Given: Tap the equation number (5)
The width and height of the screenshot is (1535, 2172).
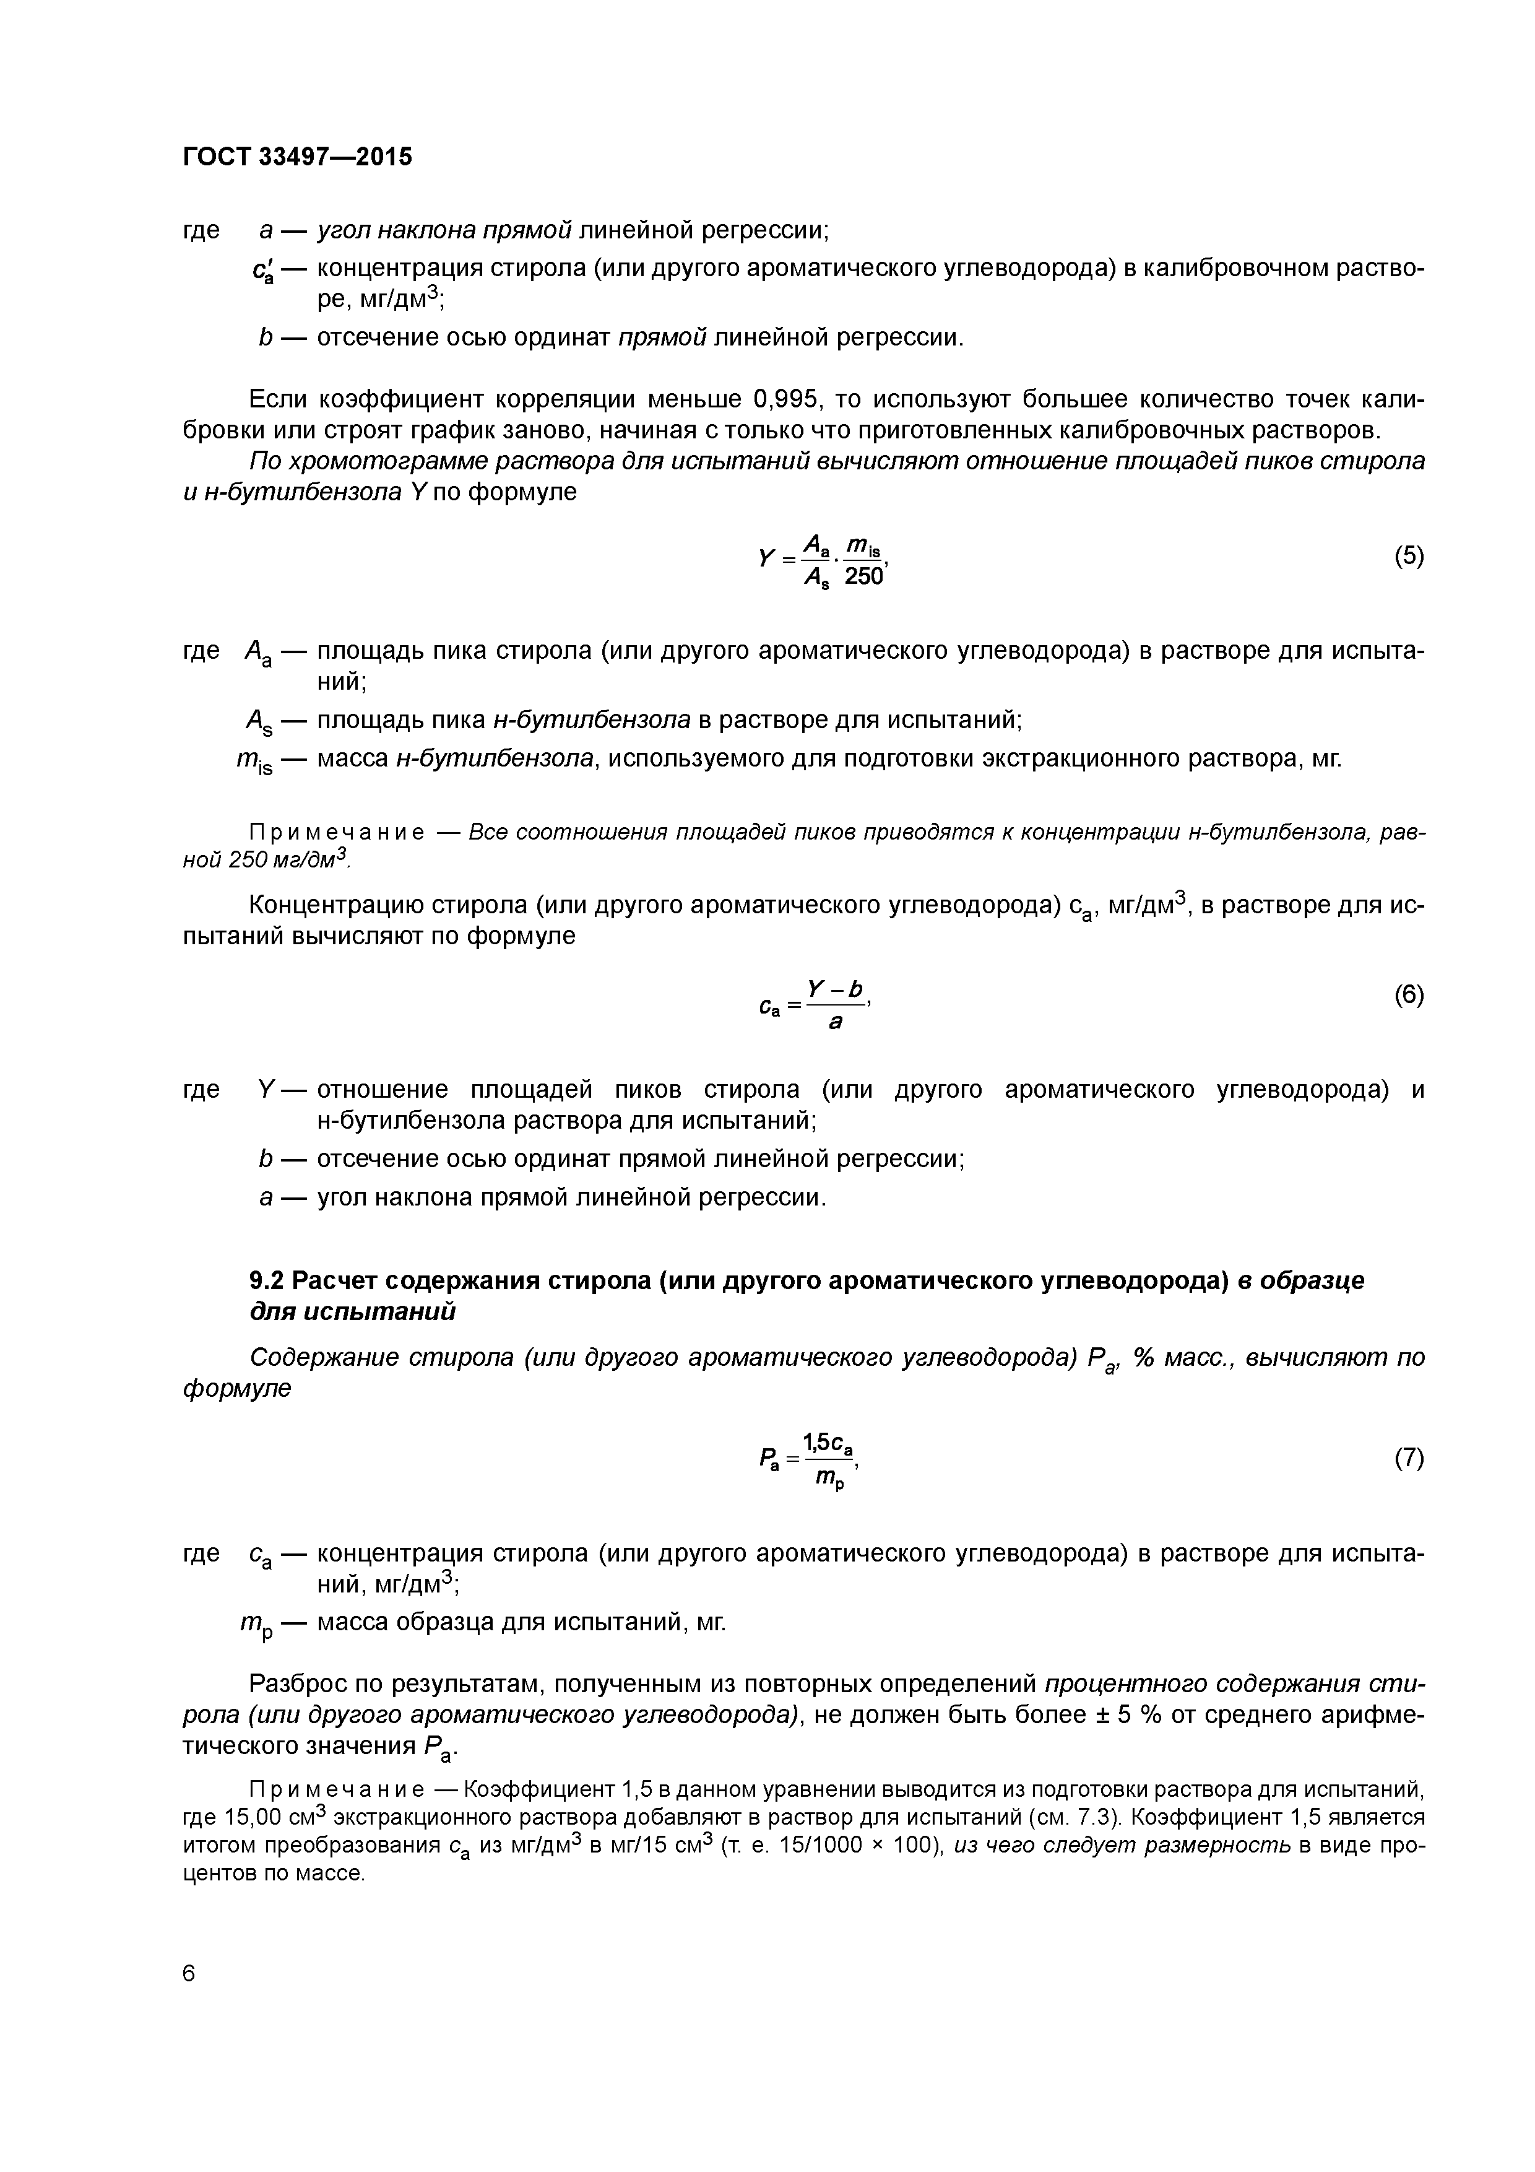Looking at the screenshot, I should (x=1408, y=556).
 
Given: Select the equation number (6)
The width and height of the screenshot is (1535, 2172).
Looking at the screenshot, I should (x=1408, y=994).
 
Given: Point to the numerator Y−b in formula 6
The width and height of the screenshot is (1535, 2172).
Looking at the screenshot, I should (x=835, y=989).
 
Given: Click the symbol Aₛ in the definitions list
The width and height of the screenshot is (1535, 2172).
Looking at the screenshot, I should (x=257, y=723).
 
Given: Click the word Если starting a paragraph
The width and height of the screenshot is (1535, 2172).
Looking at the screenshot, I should (x=279, y=399).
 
